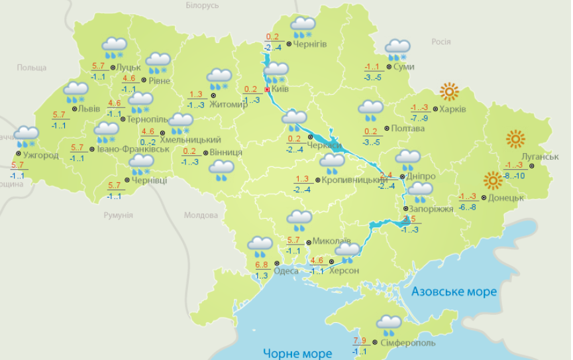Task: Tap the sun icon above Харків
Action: [x=449, y=92]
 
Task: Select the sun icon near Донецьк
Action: [x=492, y=180]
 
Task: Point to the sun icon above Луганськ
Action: [x=515, y=139]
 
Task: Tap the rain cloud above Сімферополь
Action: [x=389, y=325]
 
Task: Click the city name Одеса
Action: [x=286, y=270]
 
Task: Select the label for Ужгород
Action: [x=40, y=155]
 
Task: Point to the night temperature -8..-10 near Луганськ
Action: [x=514, y=175]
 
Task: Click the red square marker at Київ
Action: [x=267, y=90]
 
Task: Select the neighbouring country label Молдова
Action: [x=201, y=215]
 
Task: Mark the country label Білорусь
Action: [x=202, y=5]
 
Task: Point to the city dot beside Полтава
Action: [x=387, y=128]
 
